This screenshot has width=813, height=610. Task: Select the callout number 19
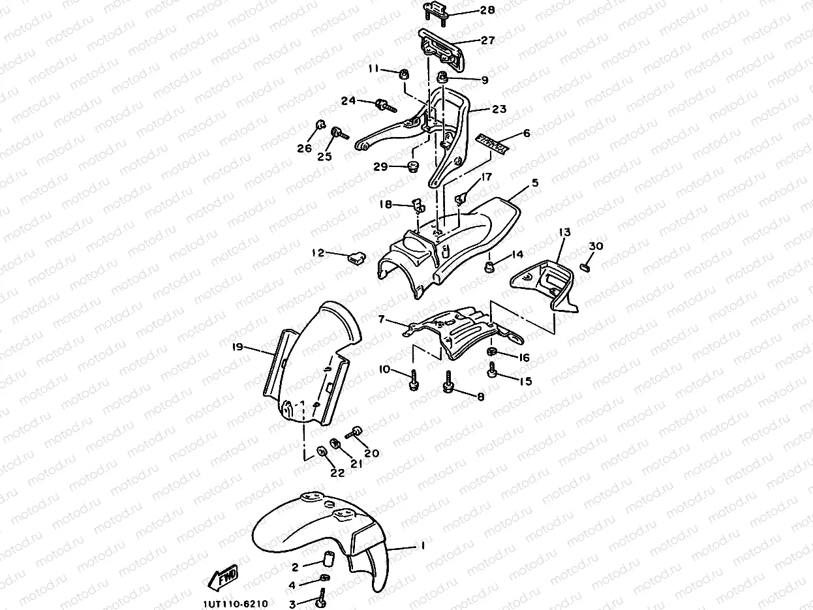[x=238, y=347]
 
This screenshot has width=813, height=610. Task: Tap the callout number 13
[x=564, y=232]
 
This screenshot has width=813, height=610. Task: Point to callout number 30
[x=596, y=245]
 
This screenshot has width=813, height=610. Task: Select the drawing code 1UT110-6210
[x=234, y=604]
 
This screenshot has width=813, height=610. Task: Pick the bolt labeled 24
[x=385, y=104]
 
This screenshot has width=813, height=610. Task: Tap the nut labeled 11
[x=403, y=74]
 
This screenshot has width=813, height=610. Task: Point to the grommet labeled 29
[x=412, y=168]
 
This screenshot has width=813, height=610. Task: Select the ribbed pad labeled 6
[x=493, y=144]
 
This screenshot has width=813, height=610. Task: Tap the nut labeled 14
[x=487, y=267]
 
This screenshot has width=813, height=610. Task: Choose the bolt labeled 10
[x=413, y=382]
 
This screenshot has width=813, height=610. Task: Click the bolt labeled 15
[x=493, y=371]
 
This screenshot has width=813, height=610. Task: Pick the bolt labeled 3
[x=322, y=597]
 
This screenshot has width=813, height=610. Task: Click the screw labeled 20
[x=356, y=432]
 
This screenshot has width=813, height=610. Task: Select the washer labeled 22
[x=322, y=452]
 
